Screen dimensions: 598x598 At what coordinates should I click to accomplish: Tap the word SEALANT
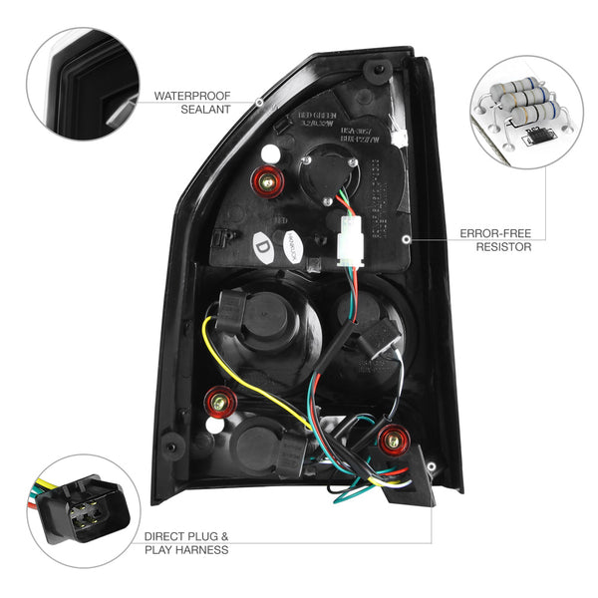click(177, 113)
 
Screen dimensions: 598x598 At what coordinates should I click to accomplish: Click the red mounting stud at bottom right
click(393, 438)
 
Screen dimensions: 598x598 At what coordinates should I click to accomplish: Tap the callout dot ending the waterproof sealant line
click(259, 103)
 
